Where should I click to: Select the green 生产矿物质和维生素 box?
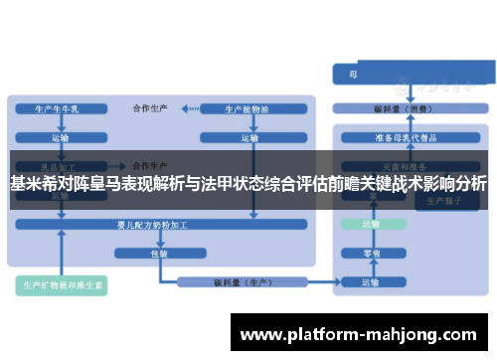point(64,285)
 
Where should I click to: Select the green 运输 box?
point(370,225)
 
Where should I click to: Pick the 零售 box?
point(370,253)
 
